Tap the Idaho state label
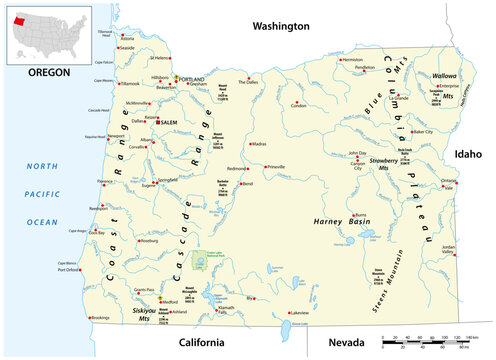(468, 154)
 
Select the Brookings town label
(100, 318)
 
